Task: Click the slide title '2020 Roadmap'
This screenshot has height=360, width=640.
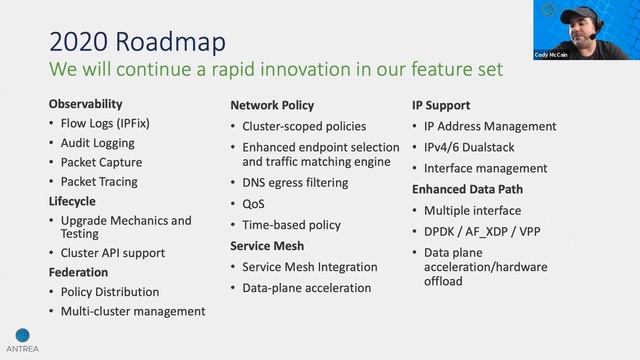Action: pyautogui.click(x=137, y=41)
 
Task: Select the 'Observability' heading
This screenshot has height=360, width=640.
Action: pyautogui.click(x=85, y=104)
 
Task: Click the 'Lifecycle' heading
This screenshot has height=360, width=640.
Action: pyautogui.click(x=74, y=201)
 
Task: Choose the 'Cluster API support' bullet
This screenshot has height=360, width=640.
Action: pyautogui.click(x=112, y=253)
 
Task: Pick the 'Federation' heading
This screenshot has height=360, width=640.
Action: pyautogui.click(x=79, y=272)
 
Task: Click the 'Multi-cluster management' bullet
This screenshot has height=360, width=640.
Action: pyautogui.click(x=132, y=311)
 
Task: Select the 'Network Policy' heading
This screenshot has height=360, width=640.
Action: pyautogui.click(x=272, y=105)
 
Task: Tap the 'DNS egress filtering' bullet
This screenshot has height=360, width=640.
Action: pyautogui.click(x=295, y=183)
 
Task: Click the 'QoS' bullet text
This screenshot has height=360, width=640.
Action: pyautogui.click(x=253, y=204)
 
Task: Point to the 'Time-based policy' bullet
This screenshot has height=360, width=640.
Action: pyautogui.click(x=291, y=225)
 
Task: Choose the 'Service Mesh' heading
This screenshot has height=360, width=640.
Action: pyautogui.click(x=267, y=246)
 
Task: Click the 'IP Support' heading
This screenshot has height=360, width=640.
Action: pyautogui.click(x=441, y=105)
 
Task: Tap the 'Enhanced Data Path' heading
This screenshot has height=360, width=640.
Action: pyautogui.click(x=468, y=189)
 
